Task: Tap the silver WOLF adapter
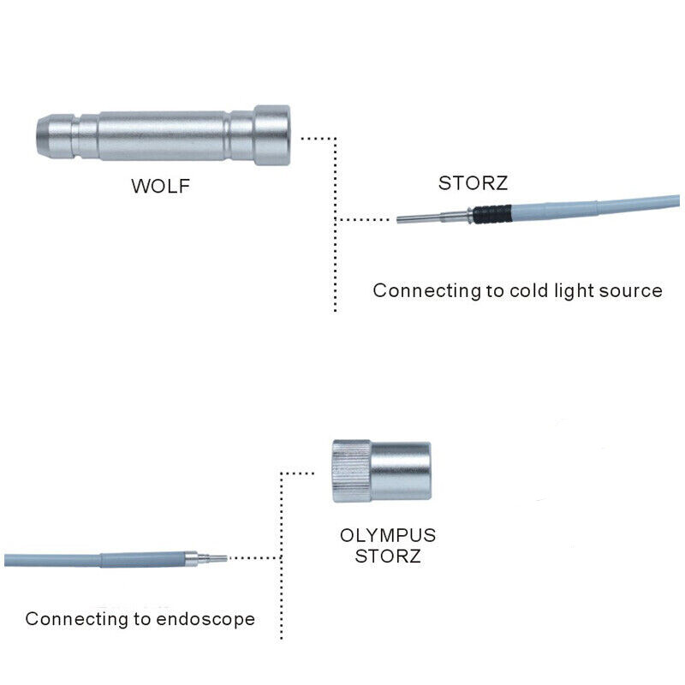(163, 135)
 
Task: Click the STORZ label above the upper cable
(473, 182)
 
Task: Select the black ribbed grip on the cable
(491, 213)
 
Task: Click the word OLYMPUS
(388, 536)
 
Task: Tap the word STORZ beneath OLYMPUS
(388, 557)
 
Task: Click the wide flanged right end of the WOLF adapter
(272, 134)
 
